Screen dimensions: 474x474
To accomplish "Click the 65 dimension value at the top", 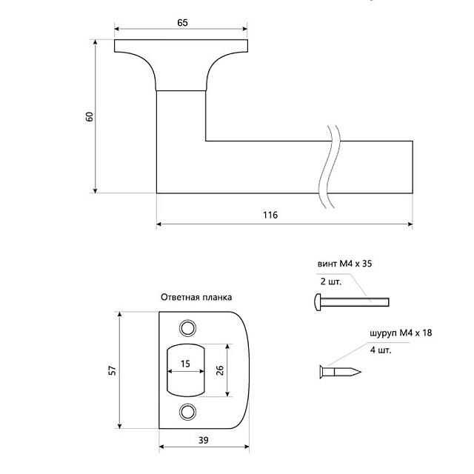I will click(182, 23).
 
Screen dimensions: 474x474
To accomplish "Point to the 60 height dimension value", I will click(90, 116).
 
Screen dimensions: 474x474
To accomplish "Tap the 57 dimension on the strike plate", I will click(112, 370).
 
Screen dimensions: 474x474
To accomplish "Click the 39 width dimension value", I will click(203, 441).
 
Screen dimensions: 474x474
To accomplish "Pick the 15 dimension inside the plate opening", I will click(185, 363).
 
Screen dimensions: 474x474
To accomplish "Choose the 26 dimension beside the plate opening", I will click(220, 370).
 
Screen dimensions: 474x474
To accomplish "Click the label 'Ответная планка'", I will click(196, 297).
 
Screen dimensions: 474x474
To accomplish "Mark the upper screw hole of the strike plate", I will click(187, 328).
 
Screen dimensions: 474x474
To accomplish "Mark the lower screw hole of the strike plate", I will click(187, 412).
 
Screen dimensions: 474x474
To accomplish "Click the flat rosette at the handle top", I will click(182, 46).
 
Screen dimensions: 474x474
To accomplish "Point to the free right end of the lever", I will click(410, 167).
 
